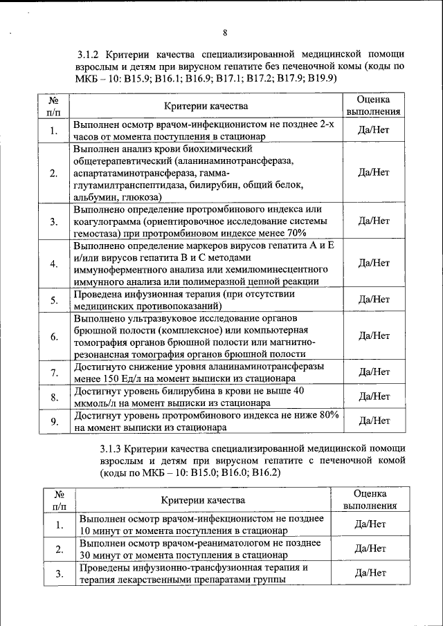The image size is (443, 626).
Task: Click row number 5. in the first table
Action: point(53,300)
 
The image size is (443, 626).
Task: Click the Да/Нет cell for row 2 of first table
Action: point(373,172)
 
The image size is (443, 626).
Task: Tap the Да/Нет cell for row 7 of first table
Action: point(373,372)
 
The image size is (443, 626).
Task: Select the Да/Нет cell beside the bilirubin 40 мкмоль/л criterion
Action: point(373,396)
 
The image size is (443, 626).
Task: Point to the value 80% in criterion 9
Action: point(325,415)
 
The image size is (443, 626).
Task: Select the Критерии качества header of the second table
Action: point(202,500)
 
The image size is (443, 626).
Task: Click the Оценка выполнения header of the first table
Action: point(373,105)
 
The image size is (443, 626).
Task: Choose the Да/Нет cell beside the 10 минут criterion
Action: point(370,524)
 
